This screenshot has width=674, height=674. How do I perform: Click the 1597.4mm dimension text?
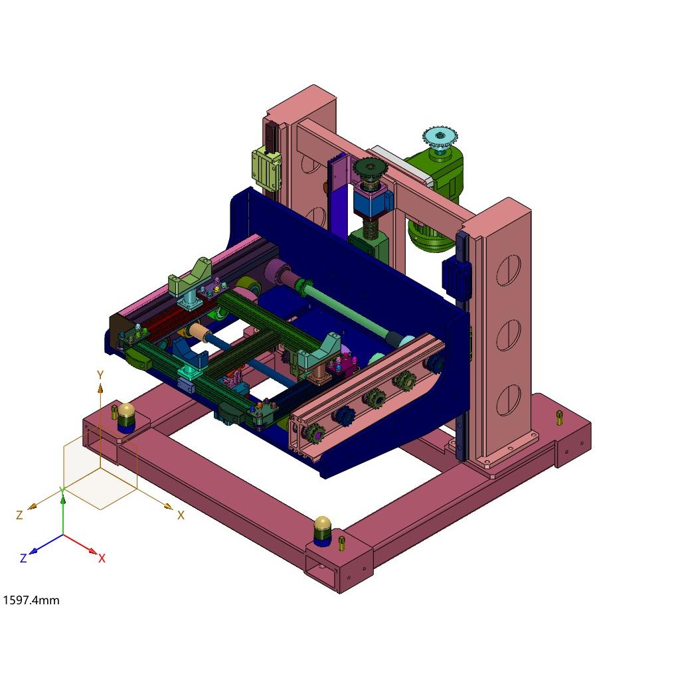(x=31, y=600)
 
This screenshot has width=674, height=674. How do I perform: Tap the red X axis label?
(x=102, y=558)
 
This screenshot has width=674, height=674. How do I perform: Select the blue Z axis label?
(x=24, y=558)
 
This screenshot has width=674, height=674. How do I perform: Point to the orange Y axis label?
(x=100, y=375)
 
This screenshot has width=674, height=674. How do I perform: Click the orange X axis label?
(x=181, y=515)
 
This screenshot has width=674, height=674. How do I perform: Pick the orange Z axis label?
(x=19, y=515)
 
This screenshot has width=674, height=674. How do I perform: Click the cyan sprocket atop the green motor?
(x=440, y=137)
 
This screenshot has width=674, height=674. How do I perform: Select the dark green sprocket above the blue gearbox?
(x=370, y=167)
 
